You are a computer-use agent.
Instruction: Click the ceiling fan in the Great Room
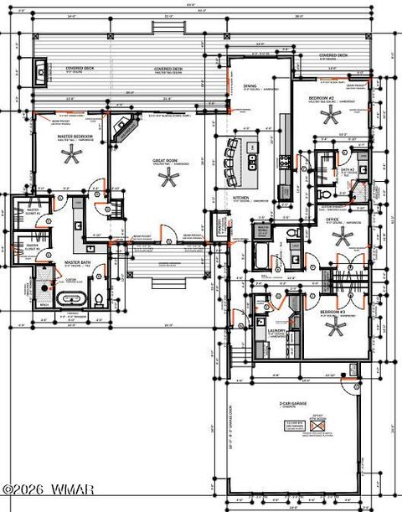click(x=170, y=178)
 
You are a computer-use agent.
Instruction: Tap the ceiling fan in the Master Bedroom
click(x=72, y=153)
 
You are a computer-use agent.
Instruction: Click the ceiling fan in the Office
click(x=343, y=237)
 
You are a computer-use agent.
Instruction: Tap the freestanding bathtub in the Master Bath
click(x=70, y=298)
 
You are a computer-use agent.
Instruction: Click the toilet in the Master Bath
click(x=99, y=298)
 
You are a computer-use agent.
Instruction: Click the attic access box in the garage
click(x=318, y=426)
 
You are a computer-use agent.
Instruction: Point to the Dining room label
click(x=250, y=85)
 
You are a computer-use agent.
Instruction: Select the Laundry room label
click(x=276, y=331)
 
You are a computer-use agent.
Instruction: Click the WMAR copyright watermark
click(x=48, y=489)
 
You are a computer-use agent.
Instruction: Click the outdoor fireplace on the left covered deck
click(x=40, y=70)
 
